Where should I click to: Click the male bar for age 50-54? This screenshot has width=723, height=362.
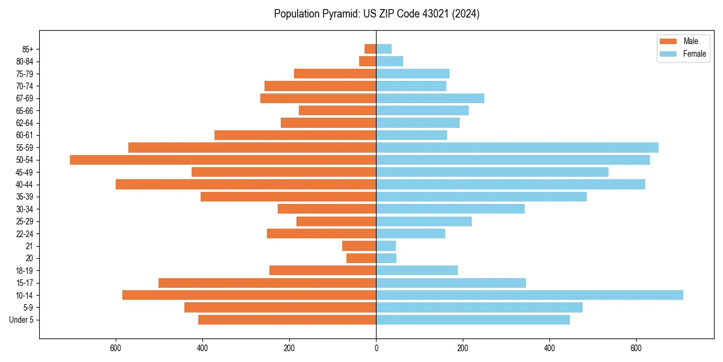(x=223, y=160)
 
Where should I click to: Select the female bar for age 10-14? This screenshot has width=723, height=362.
(x=530, y=295)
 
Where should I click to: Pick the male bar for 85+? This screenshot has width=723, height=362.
(x=371, y=49)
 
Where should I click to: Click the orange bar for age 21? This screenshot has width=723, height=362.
(x=359, y=246)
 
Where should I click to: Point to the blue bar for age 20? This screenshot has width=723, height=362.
(x=386, y=258)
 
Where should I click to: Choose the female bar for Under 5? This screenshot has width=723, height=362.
(x=473, y=320)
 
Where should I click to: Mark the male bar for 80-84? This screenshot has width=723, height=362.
(x=368, y=61)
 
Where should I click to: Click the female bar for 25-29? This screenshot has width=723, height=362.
(x=424, y=221)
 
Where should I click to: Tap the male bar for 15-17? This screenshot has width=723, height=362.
(x=267, y=283)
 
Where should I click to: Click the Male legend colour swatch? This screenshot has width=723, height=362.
(x=669, y=41)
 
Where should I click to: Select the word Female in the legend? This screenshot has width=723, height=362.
(x=695, y=54)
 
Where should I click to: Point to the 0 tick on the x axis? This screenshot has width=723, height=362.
(x=376, y=348)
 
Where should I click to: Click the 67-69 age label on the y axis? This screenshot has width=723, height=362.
(x=25, y=98)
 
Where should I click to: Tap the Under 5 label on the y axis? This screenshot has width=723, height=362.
(x=22, y=320)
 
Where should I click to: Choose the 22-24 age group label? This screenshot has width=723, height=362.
(x=25, y=233)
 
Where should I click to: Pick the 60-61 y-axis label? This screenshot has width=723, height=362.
(x=25, y=135)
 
